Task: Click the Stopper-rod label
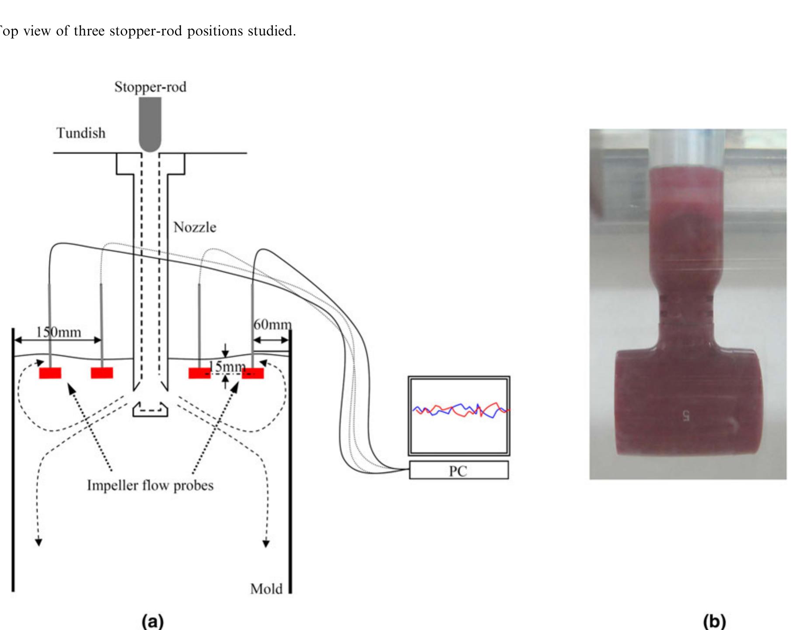(150, 87)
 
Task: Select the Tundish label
(81, 133)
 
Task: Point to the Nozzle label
(195, 227)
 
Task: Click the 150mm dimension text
(59, 332)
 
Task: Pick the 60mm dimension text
(272, 324)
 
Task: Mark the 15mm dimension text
(227, 366)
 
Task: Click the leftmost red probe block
(50, 373)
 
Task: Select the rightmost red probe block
(253, 373)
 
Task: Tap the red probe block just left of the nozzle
(102, 373)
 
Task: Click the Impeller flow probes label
(150, 486)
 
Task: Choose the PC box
(458, 471)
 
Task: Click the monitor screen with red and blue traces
(459, 415)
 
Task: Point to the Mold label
(266, 589)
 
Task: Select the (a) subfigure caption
(153, 621)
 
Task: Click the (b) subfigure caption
(714, 621)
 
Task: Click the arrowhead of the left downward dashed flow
(38, 542)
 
